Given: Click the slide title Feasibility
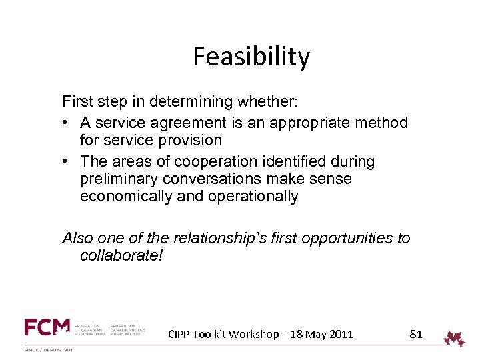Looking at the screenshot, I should pos(251,57).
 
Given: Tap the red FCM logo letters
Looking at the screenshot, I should pos(47,327).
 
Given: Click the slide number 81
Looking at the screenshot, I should pos(415,334).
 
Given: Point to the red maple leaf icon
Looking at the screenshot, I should pos(455,338).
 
